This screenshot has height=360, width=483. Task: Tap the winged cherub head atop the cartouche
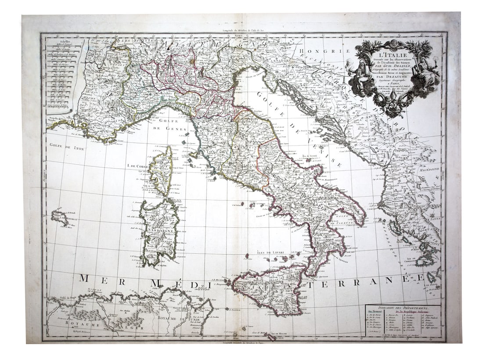tap(393, 43)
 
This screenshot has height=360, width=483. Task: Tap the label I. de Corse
tap(137, 166)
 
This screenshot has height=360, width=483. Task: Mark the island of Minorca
tap(60, 217)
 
